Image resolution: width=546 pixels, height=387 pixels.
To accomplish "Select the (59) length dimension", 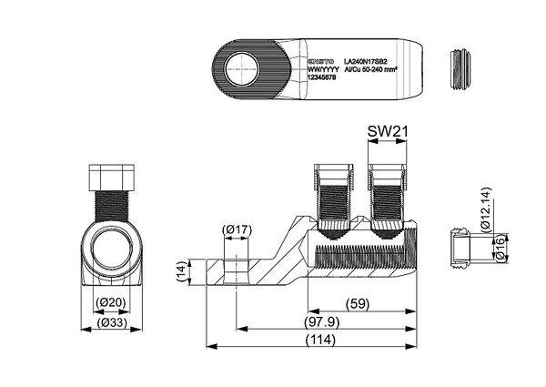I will pos(360,304).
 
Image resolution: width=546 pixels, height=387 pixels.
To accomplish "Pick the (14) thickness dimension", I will pos(181,270).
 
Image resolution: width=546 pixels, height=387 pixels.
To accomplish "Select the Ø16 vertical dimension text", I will pos(500,248).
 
